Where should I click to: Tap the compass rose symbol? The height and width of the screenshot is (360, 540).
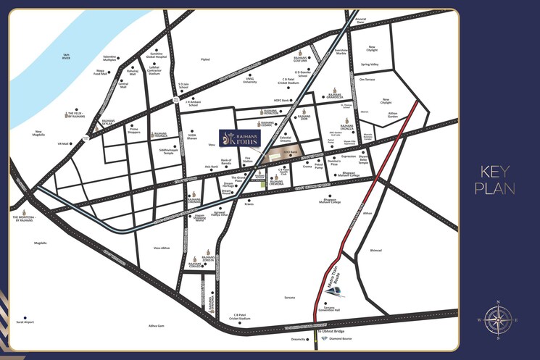(x=497, y=319)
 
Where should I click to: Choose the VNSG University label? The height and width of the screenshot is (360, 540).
(x=250, y=80)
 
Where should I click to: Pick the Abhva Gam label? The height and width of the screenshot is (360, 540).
(x=157, y=325)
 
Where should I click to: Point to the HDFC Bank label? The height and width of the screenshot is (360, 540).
(x=281, y=101)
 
